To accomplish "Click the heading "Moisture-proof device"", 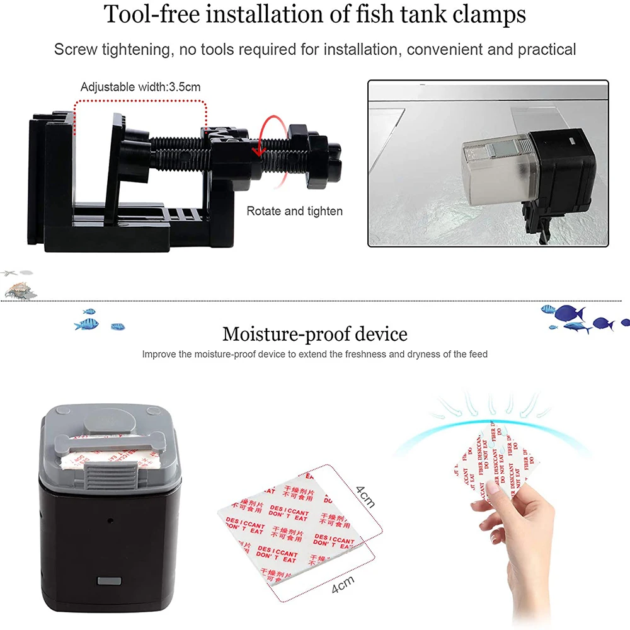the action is click(x=314, y=333).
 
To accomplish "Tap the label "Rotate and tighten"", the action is click(x=294, y=211).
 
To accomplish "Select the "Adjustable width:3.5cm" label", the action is click(x=140, y=87).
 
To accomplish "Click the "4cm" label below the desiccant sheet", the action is click(x=343, y=588).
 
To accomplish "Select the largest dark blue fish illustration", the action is click(x=570, y=313).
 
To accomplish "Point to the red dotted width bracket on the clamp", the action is click(x=140, y=101).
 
